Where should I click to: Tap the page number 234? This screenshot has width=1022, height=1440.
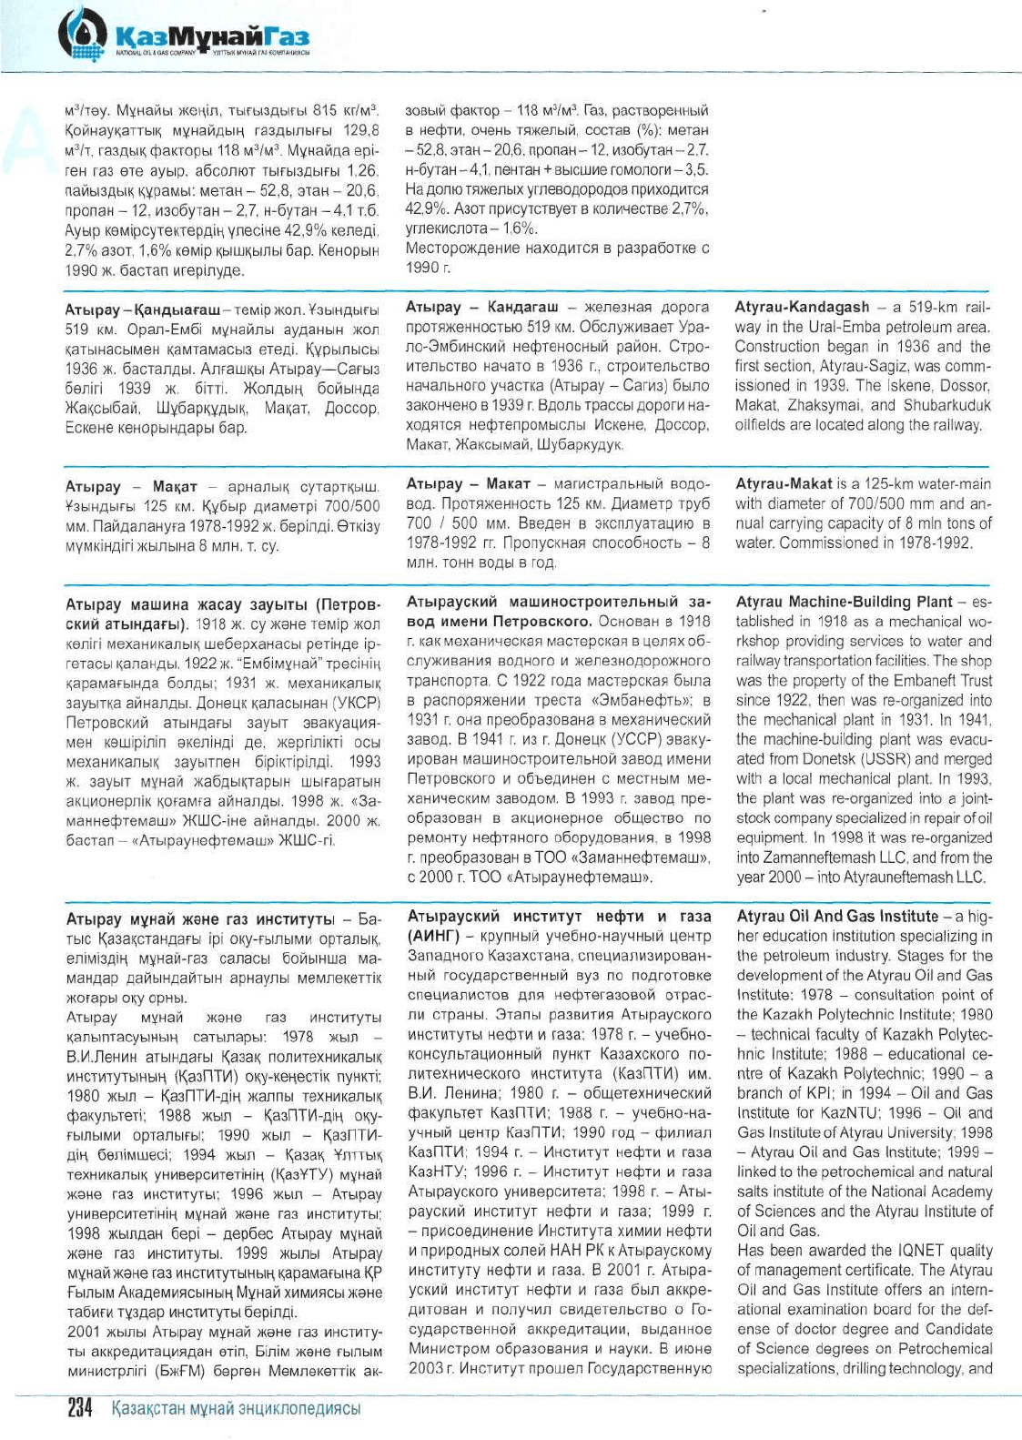tap(81, 1408)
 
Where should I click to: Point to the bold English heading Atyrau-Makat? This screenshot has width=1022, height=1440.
tap(784, 484)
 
